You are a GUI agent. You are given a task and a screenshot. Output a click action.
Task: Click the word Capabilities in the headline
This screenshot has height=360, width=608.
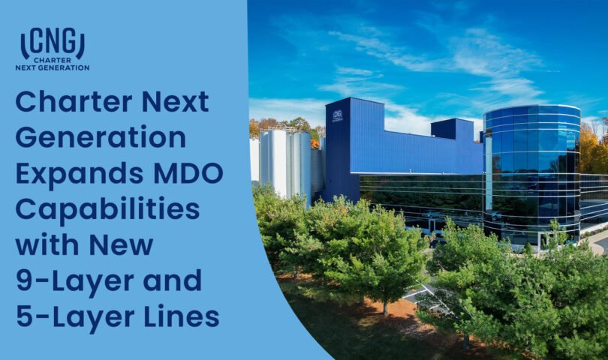point(107,208)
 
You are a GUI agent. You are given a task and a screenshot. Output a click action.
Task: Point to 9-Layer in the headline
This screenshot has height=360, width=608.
point(71,280)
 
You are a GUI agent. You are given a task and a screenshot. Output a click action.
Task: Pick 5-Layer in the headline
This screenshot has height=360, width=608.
point(71,316)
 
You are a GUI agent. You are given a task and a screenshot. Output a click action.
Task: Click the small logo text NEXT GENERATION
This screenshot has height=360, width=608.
point(53,67)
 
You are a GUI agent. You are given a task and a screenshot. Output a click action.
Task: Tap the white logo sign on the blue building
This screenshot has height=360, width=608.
point(337,115)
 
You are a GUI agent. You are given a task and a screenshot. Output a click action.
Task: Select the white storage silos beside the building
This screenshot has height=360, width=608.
point(285,161)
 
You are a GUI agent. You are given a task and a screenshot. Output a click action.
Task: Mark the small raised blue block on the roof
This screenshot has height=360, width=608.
point(453,130)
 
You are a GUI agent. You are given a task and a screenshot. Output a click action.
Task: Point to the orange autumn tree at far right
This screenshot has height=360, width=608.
point(593,150)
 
